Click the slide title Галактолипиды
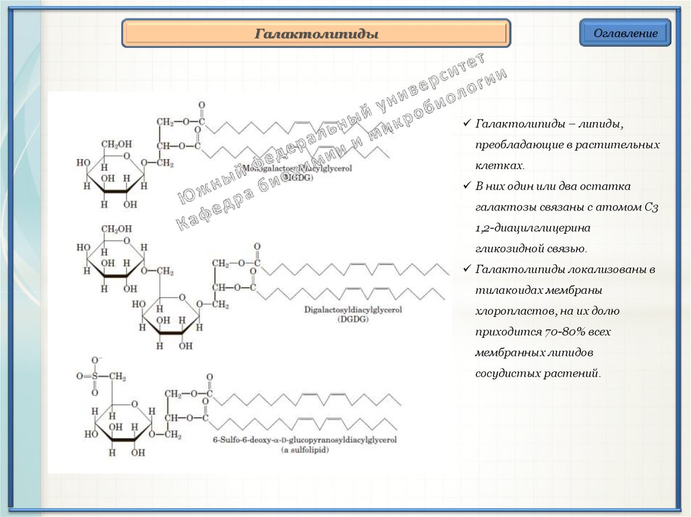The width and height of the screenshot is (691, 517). click(316, 34)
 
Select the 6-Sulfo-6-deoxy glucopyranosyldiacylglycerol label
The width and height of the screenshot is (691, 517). click(304, 439)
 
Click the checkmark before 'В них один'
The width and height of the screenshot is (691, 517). click(468, 186)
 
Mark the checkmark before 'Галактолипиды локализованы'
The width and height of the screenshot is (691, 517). click(468, 270)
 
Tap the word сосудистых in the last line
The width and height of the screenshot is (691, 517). click(507, 373)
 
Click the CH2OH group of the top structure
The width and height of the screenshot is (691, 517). click(116, 144)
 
